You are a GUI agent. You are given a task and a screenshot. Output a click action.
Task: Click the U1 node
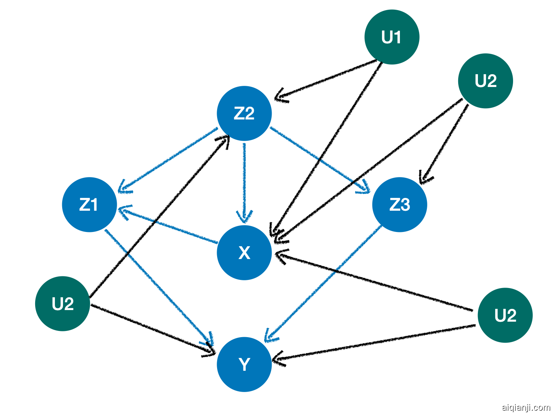click(x=392, y=37)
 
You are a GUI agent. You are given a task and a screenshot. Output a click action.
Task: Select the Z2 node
click(x=244, y=113)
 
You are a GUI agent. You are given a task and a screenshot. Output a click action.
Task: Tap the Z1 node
click(x=89, y=205)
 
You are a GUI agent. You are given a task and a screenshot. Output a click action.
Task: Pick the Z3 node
click(x=399, y=205)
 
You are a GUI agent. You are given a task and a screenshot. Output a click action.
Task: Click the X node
click(x=244, y=252)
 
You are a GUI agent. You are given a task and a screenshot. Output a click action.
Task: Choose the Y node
click(x=244, y=364)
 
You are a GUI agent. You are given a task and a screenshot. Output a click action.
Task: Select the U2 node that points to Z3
click(x=485, y=81)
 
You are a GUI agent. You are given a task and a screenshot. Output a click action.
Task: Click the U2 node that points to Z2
click(x=63, y=303)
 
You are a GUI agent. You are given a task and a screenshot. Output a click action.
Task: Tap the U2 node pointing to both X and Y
click(x=505, y=315)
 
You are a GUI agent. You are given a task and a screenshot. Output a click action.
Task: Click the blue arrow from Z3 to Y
click(x=325, y=282)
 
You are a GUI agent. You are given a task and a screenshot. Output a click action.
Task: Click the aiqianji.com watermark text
click(x=526, y=407)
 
